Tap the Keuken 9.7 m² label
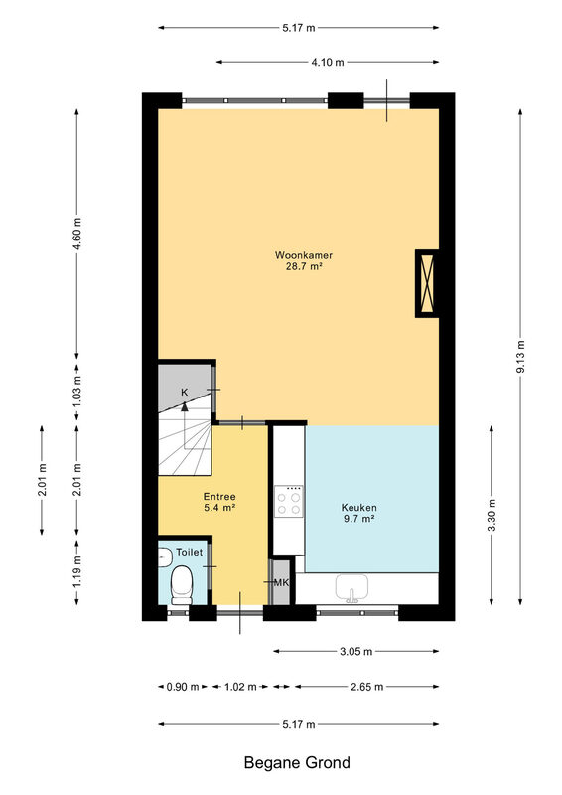click(x=358, y=513)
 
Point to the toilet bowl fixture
click(x=182, y=585)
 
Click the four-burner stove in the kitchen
click(x=289, y=501)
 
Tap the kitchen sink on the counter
click(x=351, y=588)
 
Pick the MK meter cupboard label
click(x=281, y=582)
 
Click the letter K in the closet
click(x=185, y=392)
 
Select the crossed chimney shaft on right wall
click(x=427, y=283)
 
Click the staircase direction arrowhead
click(x=185, y=405)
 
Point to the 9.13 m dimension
click(x=520, y=356)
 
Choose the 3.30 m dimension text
click(x=492, y=515)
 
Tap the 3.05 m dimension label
click(x=355, y=652)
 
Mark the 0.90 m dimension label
click(x=183, y=687)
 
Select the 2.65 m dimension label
click(x=367, y=687)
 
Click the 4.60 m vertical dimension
click(x=77, y=234)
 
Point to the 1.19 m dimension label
click(x=77, y=571)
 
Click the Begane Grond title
click(x=297, y=762)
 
